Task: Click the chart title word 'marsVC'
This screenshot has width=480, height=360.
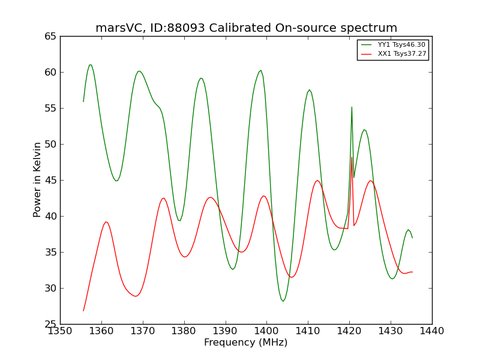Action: coord(118,28)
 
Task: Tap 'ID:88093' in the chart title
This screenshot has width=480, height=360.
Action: coord(177,28)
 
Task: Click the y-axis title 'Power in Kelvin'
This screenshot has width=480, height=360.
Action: coord(37,180)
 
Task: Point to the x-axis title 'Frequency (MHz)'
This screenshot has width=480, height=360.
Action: coord(246,343)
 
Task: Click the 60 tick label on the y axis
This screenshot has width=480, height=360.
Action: coord(50,73)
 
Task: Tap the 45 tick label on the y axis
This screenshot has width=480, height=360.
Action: coord(50,181)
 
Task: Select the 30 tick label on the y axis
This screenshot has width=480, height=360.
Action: coord(50,289)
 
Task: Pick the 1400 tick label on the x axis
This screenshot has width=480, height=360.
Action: coord(266,331)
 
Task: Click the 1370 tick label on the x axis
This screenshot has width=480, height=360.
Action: coord(143,331)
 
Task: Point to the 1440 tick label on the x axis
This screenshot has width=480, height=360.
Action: coord(431,331)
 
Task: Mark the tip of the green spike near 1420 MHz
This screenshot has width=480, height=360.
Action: coord(352,107)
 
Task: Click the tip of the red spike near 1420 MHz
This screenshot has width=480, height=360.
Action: coord(352,157)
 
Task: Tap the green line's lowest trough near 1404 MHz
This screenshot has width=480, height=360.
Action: coord(283,301)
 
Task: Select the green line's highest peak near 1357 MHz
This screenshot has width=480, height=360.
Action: coord(91,65)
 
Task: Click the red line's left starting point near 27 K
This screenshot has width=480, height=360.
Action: coord(83,311)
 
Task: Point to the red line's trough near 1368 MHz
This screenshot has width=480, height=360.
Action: coord(136,296)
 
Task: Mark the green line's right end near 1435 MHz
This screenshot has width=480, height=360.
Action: coord(412,238)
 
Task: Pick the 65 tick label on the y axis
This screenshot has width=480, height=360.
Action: coord(50,37)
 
